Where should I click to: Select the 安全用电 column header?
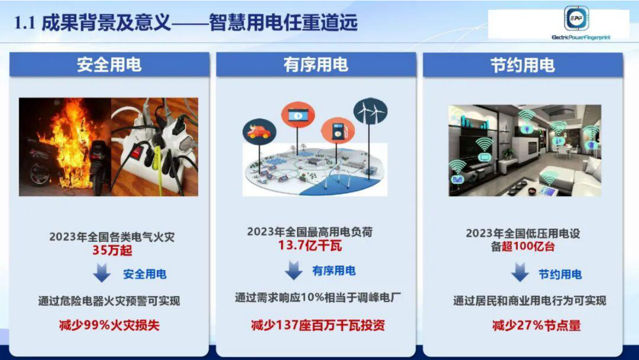(x=109, y=65)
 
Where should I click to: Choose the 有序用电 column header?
(x=316, y=65)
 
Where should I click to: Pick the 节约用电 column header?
(x=522, y=65)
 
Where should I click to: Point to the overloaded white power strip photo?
(x=155, y=147)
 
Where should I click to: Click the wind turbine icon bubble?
(x=370, y=111)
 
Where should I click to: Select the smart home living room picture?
(x=525, y=150)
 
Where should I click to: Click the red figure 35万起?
(x=112, y=250)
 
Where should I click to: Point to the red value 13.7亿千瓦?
(x=310, y=246)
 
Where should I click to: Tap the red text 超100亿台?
(x=528, y=247)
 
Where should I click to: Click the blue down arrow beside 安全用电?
(x=101, y=273)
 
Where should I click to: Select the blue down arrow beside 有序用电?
(x=293, y=270)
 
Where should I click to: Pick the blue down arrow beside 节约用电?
(x=519, y=273)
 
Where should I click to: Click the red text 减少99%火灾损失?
(x=110, y=325)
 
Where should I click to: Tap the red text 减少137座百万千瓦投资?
(x=318, y=325)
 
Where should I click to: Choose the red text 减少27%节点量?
(x=536, y=325)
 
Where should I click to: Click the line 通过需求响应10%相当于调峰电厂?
(x=318, y=298)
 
